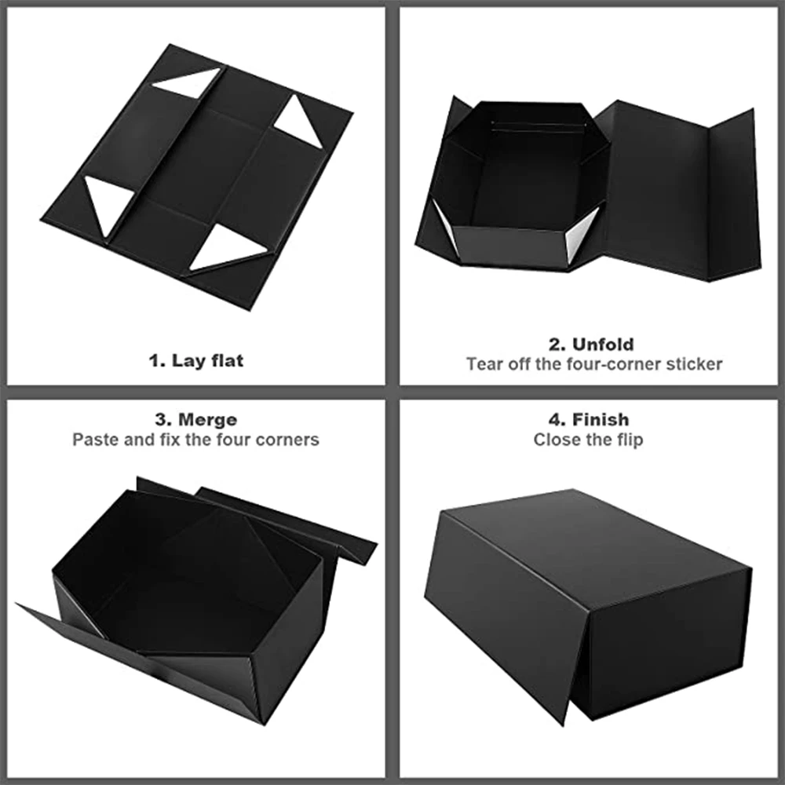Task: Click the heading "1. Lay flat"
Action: [196, 361]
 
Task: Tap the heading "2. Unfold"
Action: [591, 344]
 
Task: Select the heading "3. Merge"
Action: [196, 420]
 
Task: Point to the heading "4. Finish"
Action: [589, 420]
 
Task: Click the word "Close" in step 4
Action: [557, 440]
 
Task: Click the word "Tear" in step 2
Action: [483, 364]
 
